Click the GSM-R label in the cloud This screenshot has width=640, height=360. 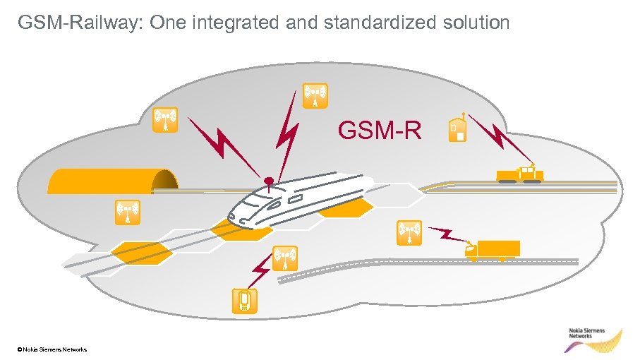tap(380, 131)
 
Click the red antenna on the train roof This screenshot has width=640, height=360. tap(267, 181)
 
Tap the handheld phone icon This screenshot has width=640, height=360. tap(244, 300)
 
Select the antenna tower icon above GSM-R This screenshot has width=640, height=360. tap(314, 95)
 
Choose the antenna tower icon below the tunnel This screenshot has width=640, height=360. tap(127, 212)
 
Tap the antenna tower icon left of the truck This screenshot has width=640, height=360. tap(409, 233)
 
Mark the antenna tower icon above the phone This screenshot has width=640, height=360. tap(284, 258)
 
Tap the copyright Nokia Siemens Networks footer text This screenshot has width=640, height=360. tap(53, 349)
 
